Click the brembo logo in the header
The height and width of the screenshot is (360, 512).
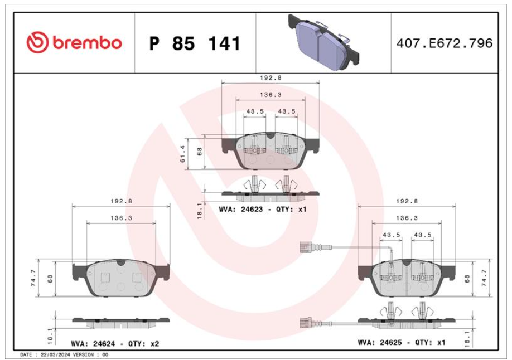pyautogui.click(x=74, y=43)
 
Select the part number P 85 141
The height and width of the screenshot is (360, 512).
pyautogui.click(x=195, y=43)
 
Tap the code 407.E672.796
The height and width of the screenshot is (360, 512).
pyautogui.click(x=445, y=43)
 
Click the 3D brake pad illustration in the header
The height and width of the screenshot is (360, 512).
pyautogui.click(x=323, y=42)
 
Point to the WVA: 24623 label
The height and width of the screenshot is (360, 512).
pyautogui.click(x=240, y=209)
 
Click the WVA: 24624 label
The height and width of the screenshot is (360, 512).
pyautogui.click(x=93, y=344)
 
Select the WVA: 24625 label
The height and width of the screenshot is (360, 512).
pyautogui.click(x=380, y=342)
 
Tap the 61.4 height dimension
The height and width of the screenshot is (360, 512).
pyautogui.click(x=183, y=154)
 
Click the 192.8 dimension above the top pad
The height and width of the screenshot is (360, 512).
pyautogui.click(x=271, y=77)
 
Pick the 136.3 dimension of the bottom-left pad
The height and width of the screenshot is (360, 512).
pyautogui.click(x=121, y=218)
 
